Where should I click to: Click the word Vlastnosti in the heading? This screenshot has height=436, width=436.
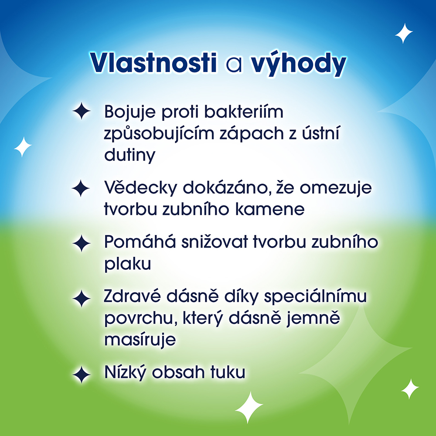[x=153, y=63]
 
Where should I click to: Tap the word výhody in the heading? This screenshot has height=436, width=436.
[x=298, y=64]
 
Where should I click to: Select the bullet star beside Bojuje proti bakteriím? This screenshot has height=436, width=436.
[x=81, y=111]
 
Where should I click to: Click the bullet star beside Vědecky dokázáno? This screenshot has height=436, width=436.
[x=81, y=188]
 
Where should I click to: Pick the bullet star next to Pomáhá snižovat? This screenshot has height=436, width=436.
[x=81, y=243]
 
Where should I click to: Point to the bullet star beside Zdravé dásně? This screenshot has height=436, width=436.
[x=81, y=298]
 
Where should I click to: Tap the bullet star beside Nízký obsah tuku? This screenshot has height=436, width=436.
[x=81, y=375]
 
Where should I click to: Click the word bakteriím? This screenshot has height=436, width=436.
[x=244, y=112]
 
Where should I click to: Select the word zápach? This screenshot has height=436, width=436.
[x=252, y=133]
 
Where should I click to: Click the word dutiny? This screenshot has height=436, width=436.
[x=129, y=155]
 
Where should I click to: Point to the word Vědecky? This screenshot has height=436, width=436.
[x=141, y=187]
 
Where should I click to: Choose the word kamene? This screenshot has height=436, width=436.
[x=270, y=209]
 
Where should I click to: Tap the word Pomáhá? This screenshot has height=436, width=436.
[x=140, y=242]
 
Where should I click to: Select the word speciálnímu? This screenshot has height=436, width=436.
[x=315, y=297]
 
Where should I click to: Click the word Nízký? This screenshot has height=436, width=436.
[x=125, y=372]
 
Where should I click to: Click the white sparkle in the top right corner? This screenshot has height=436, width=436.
[x=404, y=33]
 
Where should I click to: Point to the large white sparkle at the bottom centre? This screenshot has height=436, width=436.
[x=249, y=407]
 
